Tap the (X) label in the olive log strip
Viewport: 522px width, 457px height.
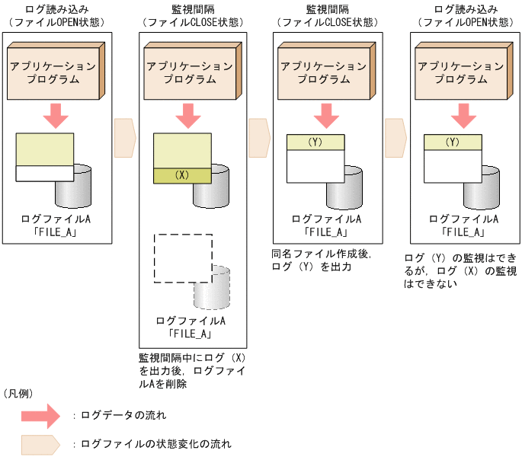tap(181, 175)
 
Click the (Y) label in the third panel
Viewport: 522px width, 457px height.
tap(315, 142)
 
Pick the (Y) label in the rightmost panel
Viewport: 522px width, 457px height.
tap(452, 142)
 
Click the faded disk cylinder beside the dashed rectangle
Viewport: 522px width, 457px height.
tap(212, 286)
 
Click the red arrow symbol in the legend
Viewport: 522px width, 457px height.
tap(40, 415)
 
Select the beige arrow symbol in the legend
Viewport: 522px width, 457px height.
tap(40, 443)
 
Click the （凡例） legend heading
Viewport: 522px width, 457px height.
tap(18, 393)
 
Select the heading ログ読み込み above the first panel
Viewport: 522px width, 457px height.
tap(53, 9)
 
